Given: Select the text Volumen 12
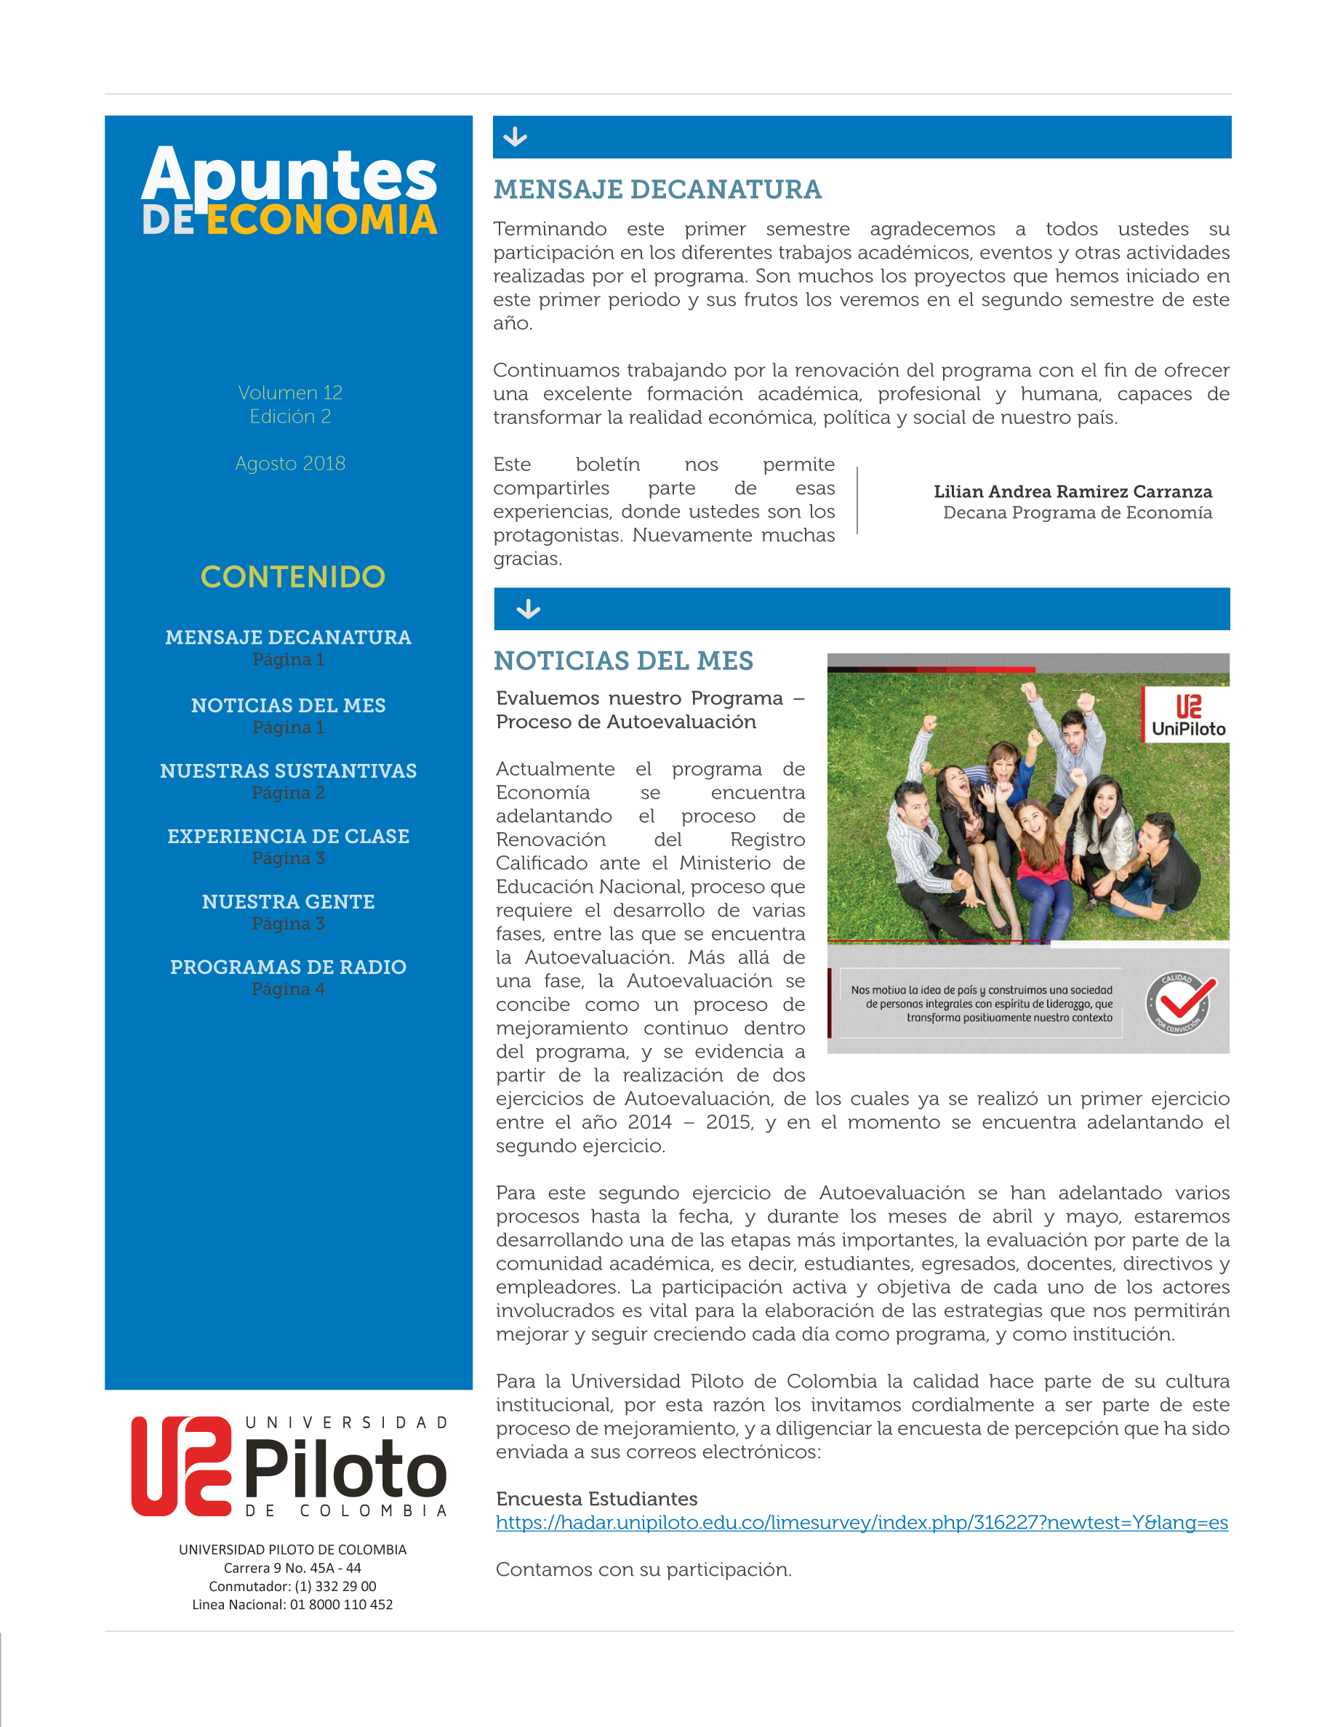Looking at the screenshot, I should (289, 393).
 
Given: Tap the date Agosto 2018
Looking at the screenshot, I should (289, 464).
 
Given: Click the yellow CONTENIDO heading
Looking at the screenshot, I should (292, 577).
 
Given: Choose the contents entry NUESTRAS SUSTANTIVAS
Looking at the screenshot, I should (288, 771).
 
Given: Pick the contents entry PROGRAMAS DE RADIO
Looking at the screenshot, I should (288, 967).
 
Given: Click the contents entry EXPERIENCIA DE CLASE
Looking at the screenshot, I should (288, 837).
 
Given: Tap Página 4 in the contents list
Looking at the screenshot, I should (288, 989).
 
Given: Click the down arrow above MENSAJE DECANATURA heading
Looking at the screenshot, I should (515, 137).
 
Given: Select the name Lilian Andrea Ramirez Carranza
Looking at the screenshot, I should (1072, 492).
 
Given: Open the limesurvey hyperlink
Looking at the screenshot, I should (861, 1523).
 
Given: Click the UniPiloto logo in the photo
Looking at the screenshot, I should (1187, 714).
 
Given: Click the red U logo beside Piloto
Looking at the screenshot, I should (181, 1466).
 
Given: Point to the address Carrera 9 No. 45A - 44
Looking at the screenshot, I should (292, 1568).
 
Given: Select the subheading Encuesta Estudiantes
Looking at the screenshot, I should (596, 1499).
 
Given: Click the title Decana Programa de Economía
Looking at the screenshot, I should (1076, 513).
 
